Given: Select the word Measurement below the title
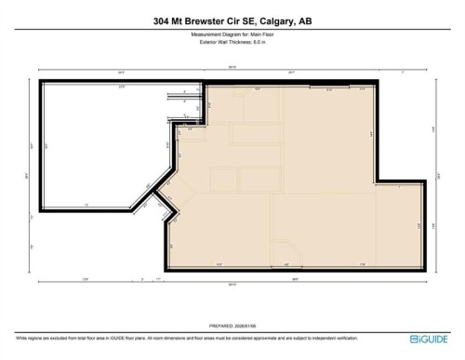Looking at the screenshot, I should pos(210,35).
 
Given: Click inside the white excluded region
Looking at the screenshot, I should pos(93,140).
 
